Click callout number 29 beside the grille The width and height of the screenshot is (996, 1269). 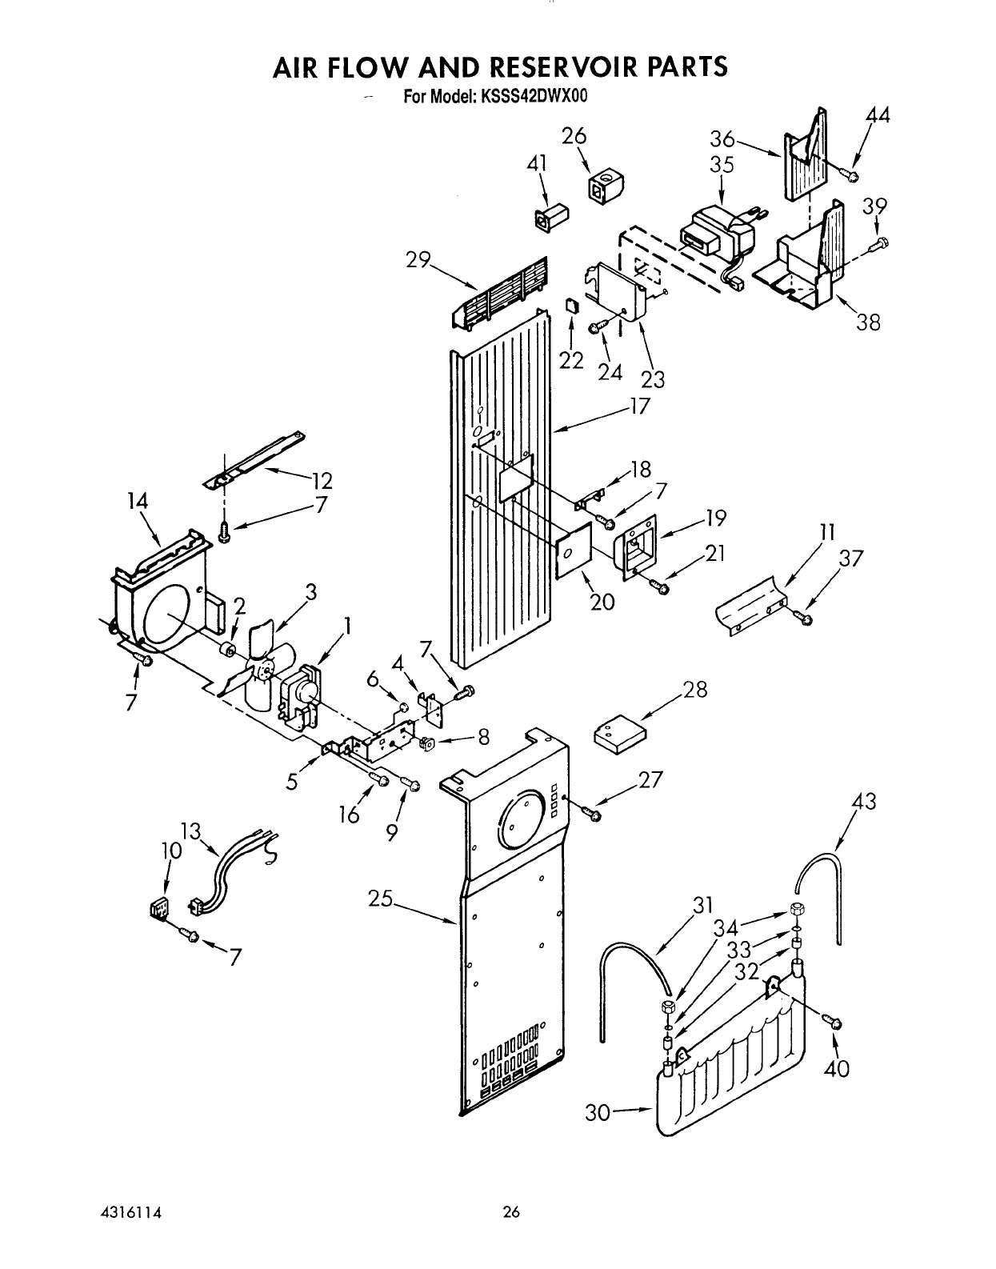(418, 260)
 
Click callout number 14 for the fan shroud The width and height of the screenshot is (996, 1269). (138, 502)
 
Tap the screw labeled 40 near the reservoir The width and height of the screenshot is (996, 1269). (832, 1020)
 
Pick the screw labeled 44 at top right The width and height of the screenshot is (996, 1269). (852, 175)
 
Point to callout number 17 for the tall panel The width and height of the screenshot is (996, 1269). (639, 406)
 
